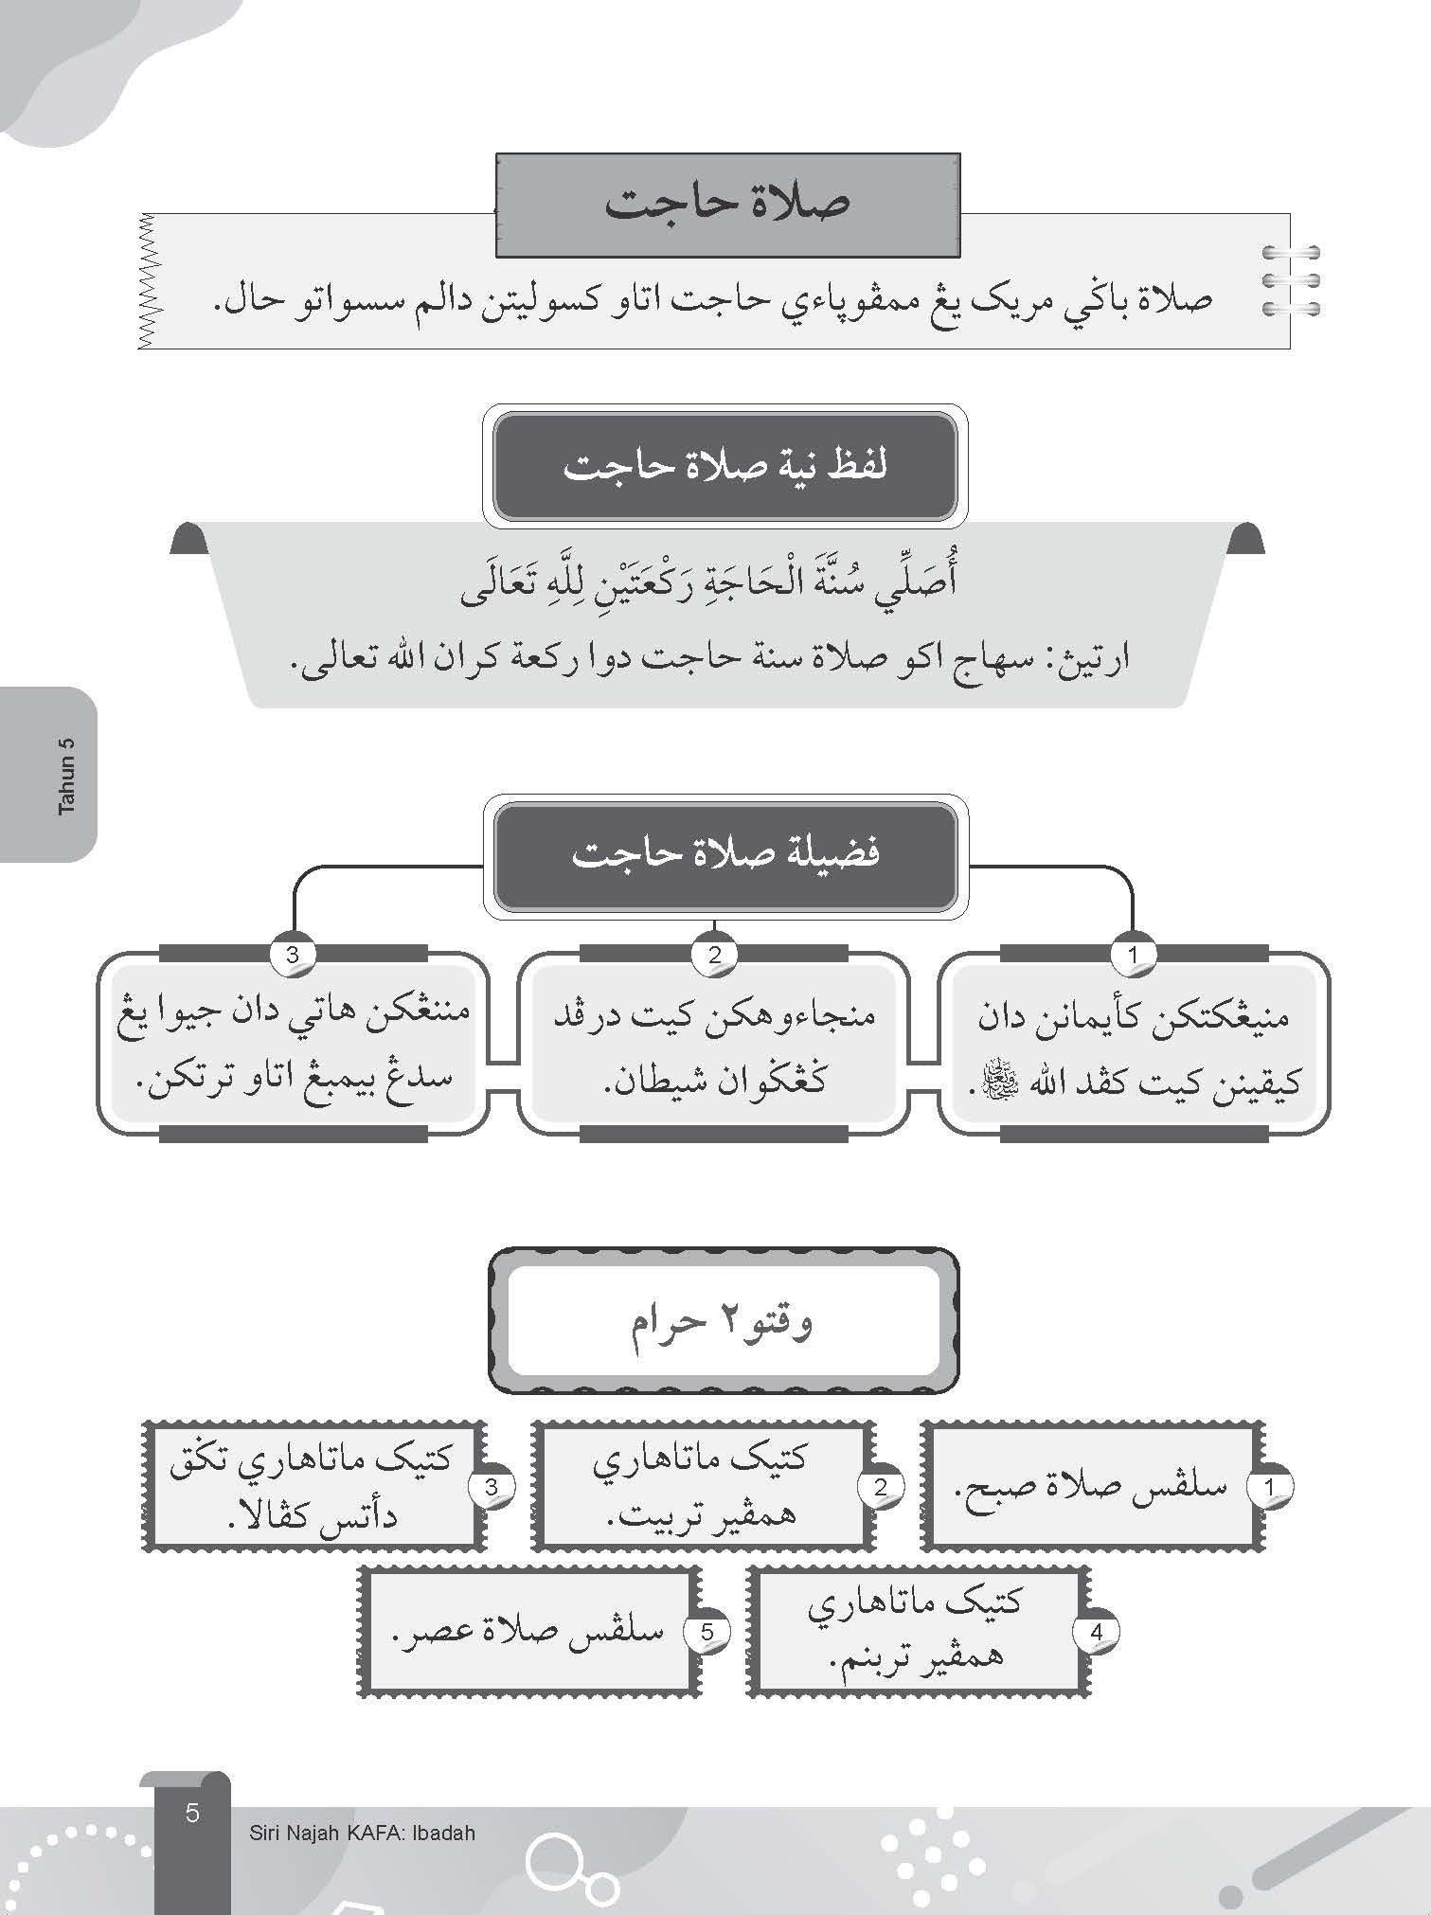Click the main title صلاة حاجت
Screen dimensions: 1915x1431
727,205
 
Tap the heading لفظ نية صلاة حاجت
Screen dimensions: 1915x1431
724,467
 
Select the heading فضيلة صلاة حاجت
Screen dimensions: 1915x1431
724,854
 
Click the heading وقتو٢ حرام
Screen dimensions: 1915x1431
723,1321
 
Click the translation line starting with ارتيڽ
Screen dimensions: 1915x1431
708,657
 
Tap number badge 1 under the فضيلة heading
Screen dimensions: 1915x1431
1134,955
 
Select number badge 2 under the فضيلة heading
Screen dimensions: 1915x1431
714,955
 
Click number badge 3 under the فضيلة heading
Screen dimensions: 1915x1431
293,955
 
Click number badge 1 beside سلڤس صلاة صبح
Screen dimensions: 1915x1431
1270,1487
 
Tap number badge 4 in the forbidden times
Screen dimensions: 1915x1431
1097,1632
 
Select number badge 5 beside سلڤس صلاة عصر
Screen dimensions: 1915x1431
707,1632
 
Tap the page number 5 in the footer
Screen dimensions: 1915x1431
193,1813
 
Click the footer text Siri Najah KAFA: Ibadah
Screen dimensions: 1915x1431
362,1833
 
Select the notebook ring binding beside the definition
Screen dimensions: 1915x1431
1291,280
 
